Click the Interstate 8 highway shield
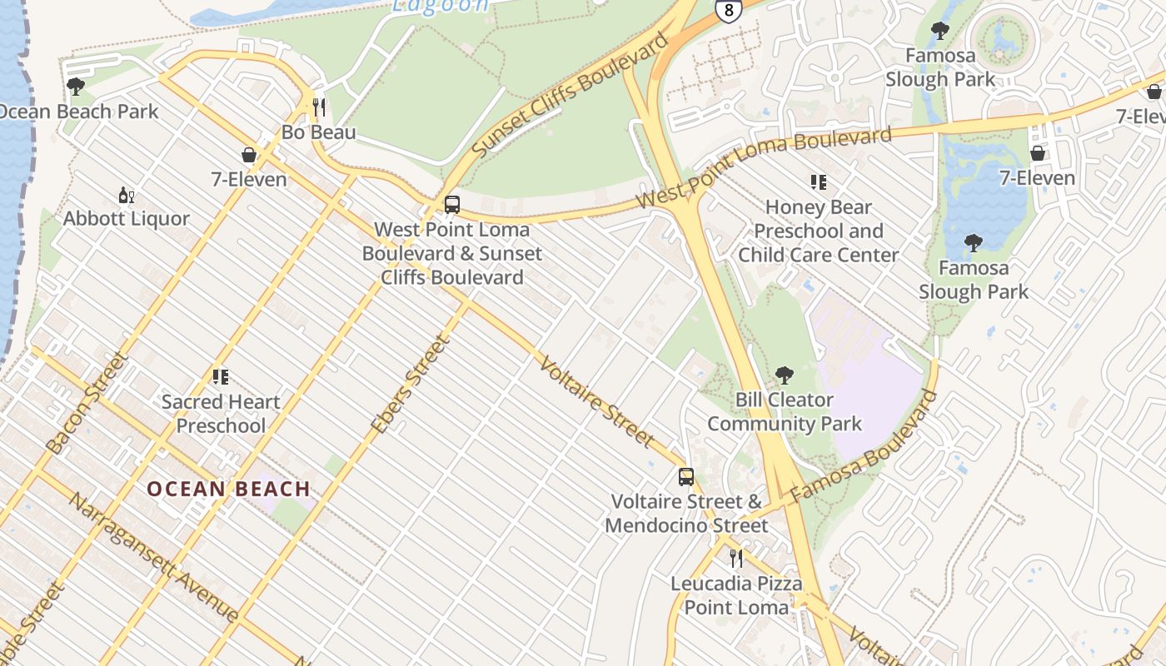[x=727, y=11]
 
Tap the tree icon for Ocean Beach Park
[x=76, y=87]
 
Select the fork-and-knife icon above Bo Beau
[x=318, y=107]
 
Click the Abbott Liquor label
[x=127, y=219]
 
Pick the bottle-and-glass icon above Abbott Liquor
[x=127, y=196]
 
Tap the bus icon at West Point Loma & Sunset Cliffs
[x=452, y=205]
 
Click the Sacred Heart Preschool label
[x=221, y=414]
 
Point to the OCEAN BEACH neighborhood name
[x=229, y=489]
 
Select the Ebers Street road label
[x=411, y=384]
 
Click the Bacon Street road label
[x=87, y=404]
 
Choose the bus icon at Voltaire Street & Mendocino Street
[x=685, y=477]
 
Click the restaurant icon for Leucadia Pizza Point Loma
[x=736, y=558]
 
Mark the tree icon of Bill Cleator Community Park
[x=784, y=375]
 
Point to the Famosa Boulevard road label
[x=863, y=446]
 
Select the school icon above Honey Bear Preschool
[x=818, y=182]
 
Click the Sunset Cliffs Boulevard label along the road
[x=571, y=95]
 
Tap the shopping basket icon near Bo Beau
[x=248, y=155]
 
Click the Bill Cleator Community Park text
[x=785, y=412]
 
